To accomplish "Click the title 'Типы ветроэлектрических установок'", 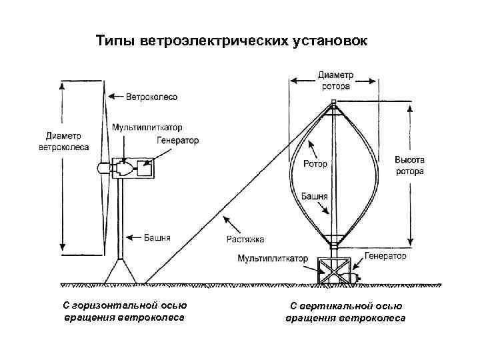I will pos(231,41).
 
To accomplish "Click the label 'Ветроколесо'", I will pos(152,97).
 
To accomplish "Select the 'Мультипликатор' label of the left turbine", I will pos(147,127).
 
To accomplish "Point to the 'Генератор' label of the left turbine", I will pos(178,141).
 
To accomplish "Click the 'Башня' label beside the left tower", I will pos(157,237).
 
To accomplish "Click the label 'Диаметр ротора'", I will pos(336,79).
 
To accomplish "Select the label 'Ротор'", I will pos(315,164).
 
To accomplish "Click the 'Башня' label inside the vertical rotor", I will pos(314,197).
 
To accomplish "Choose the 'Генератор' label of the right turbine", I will pos(385,255).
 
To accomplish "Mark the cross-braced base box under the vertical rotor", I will pos(333,271).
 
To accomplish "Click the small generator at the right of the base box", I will pos(353,275).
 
